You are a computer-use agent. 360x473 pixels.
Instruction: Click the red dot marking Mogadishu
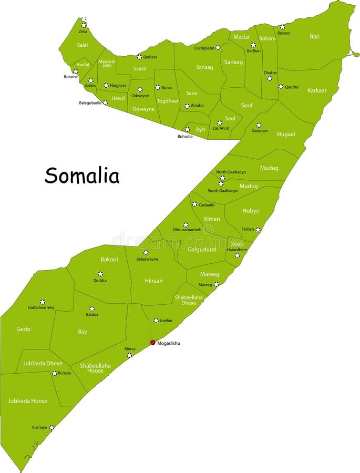click(x=153, y=342)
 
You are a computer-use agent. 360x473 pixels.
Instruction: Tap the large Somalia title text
click(x=82, y=176)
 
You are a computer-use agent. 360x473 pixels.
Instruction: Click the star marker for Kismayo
click(x=52, y=428)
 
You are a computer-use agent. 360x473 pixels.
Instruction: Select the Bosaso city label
click(x=284, y=33)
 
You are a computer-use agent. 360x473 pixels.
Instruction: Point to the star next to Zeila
click(x=84, y=25)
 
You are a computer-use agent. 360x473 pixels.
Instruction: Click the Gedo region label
click(x=23, y=329)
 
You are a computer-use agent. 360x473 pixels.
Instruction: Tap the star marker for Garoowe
click(x=259, y=125)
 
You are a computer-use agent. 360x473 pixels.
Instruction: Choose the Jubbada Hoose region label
click(x=27, y=401)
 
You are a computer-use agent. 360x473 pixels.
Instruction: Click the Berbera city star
click(x=139, y=57)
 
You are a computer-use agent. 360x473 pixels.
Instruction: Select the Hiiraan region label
click(x=153, y=281)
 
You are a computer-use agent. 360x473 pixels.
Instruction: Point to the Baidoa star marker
click(x=92, y=309)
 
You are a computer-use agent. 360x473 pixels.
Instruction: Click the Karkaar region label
click(x=317, y=90)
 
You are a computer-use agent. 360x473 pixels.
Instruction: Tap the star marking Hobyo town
click(x=258, y=230)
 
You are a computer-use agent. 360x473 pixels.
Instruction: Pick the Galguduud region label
click(x=202, y=250)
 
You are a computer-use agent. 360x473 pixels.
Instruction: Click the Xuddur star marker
click(x=100, y=274)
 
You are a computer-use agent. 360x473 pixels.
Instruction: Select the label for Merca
click(x=130, y=348)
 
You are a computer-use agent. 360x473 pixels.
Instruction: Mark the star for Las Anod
click(x=220, y=122)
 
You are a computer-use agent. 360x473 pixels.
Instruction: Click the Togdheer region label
click(x=168, y=101)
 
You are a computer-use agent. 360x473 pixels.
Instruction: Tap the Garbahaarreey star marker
click(x=43, y=302)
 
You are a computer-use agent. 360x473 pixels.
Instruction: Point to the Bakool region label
click(x=109, y=260)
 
